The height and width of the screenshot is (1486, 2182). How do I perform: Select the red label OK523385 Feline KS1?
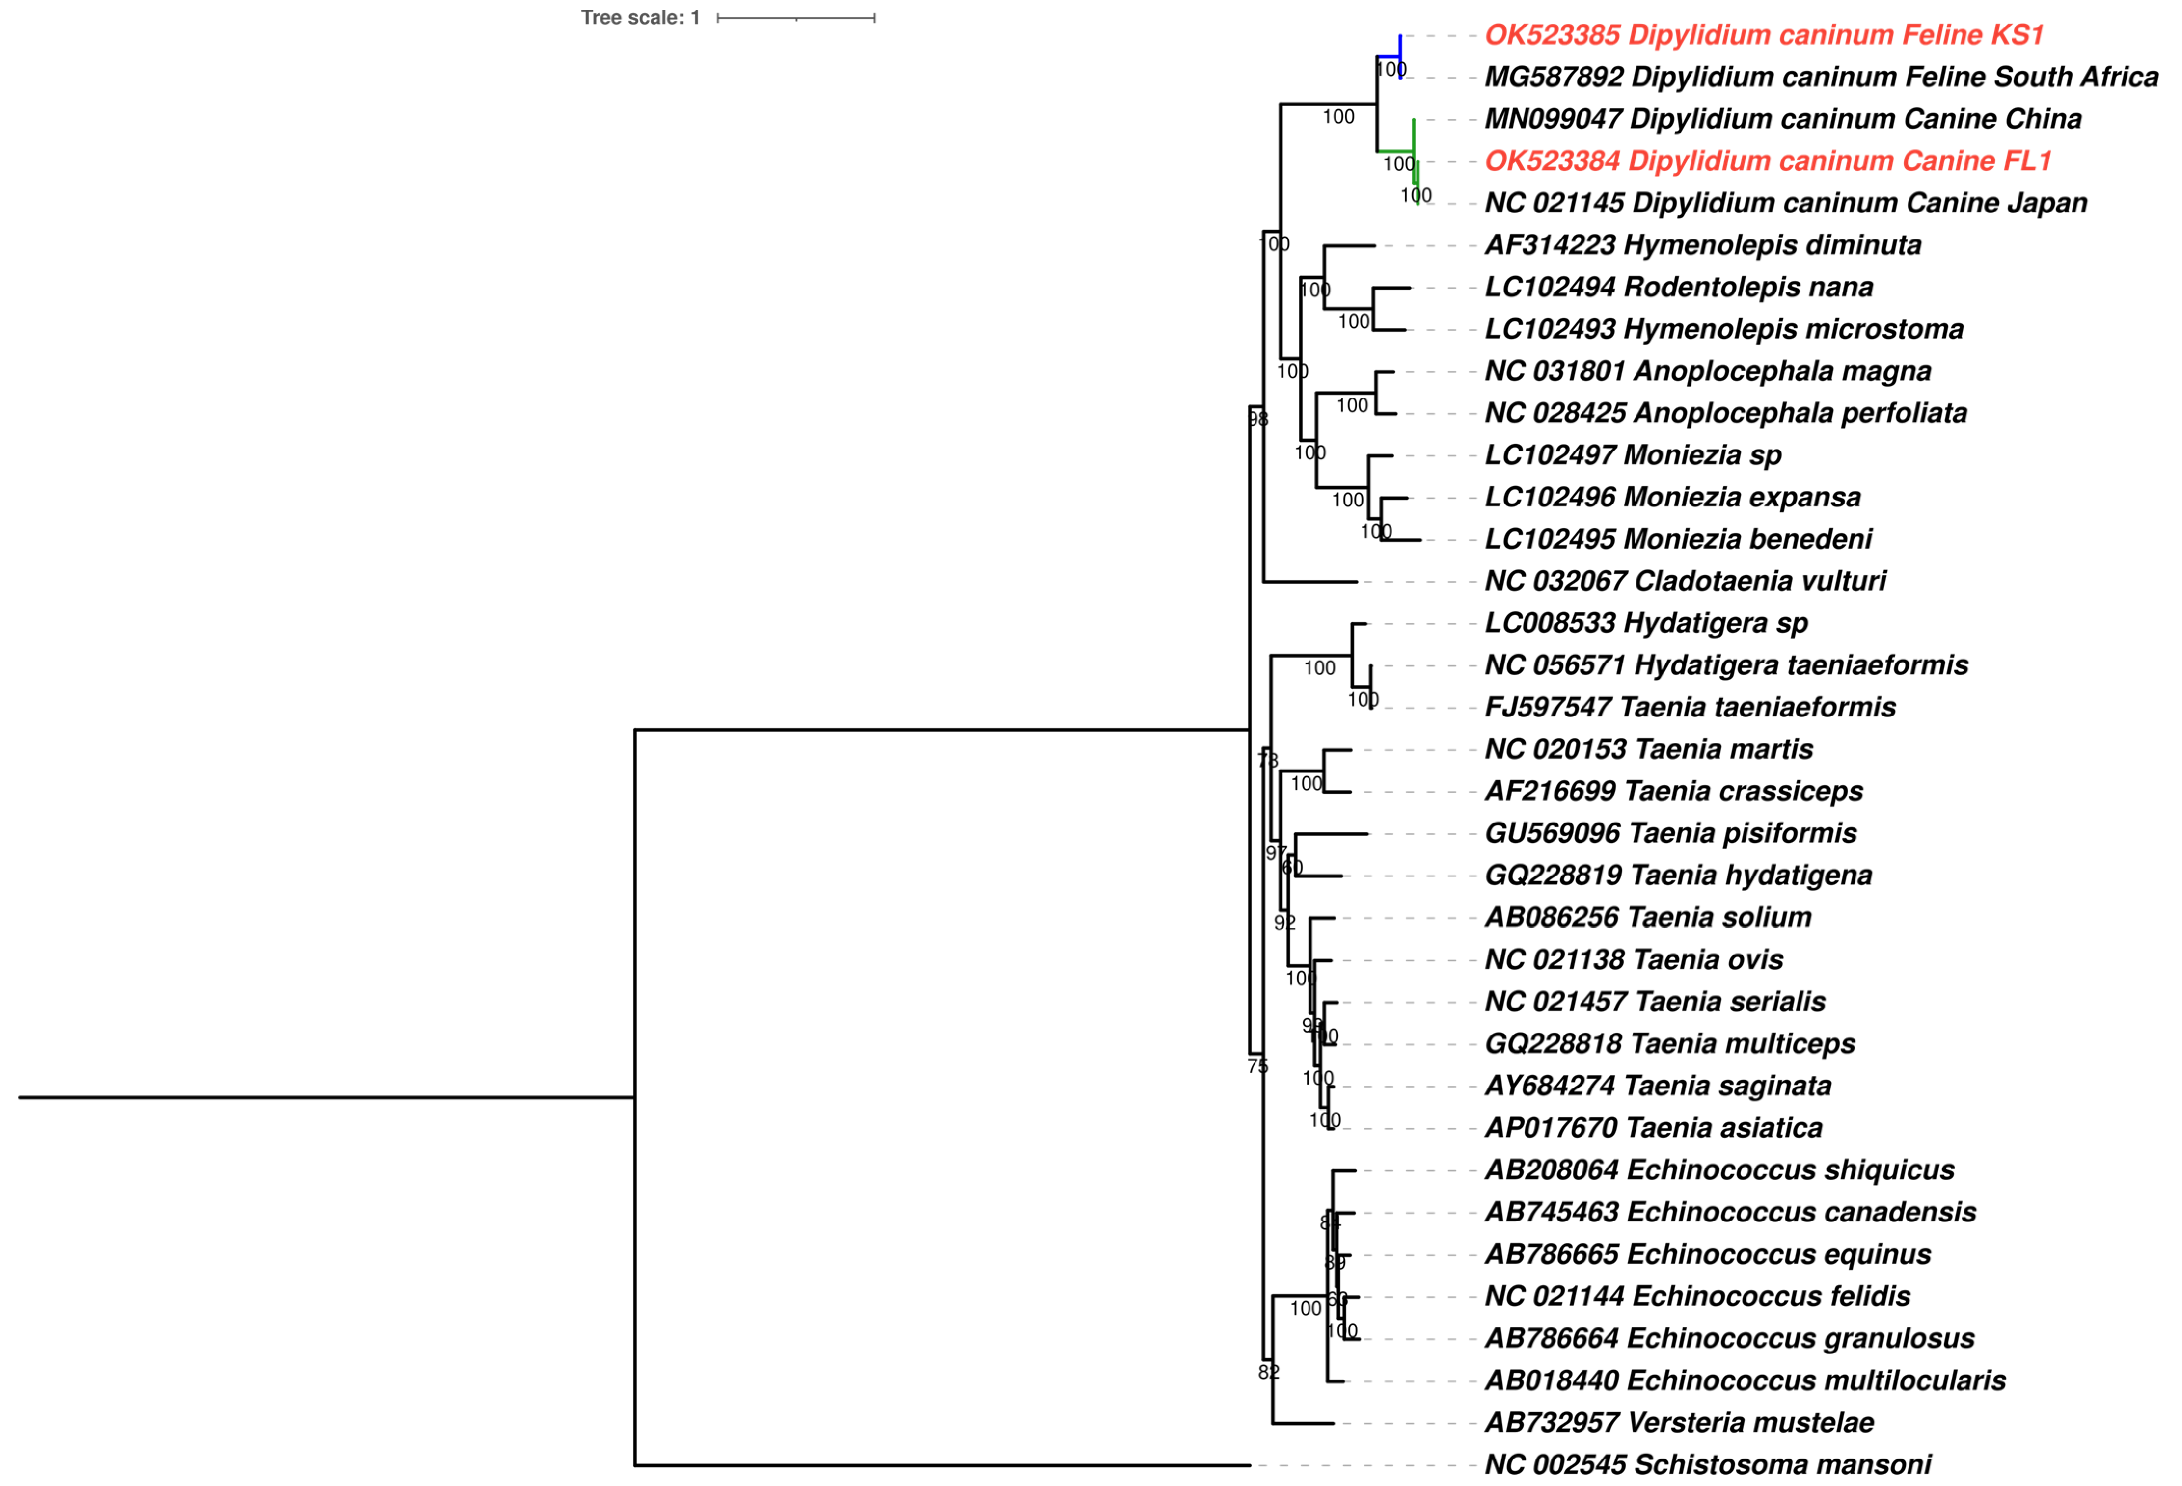click(1763, 35)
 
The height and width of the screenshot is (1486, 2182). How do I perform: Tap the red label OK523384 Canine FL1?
click(1767, 160)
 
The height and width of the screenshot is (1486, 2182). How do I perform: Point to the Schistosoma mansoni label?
click(1707, 1464)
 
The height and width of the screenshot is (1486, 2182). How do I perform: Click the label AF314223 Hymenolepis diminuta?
click(1702, 245)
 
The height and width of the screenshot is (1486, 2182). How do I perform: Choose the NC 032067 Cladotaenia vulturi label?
click(1685, 581)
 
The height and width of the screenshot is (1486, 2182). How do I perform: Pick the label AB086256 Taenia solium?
click(1648, 917)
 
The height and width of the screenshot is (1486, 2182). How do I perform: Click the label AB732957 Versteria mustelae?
click(1679, 1422)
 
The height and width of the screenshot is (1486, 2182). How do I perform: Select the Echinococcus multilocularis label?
click(1745, 1380)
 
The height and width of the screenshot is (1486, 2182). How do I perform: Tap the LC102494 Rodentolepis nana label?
click(1679, 287)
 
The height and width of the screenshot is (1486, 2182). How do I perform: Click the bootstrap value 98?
click(1258, 420)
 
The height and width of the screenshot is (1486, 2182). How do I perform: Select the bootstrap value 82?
click(1268, 1373)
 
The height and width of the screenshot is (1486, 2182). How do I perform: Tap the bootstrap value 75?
click(1257, 1065)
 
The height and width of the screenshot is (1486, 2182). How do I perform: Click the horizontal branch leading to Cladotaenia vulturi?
click(1310, 582)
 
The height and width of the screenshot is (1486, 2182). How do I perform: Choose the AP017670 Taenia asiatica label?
click(1653, 1127)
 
